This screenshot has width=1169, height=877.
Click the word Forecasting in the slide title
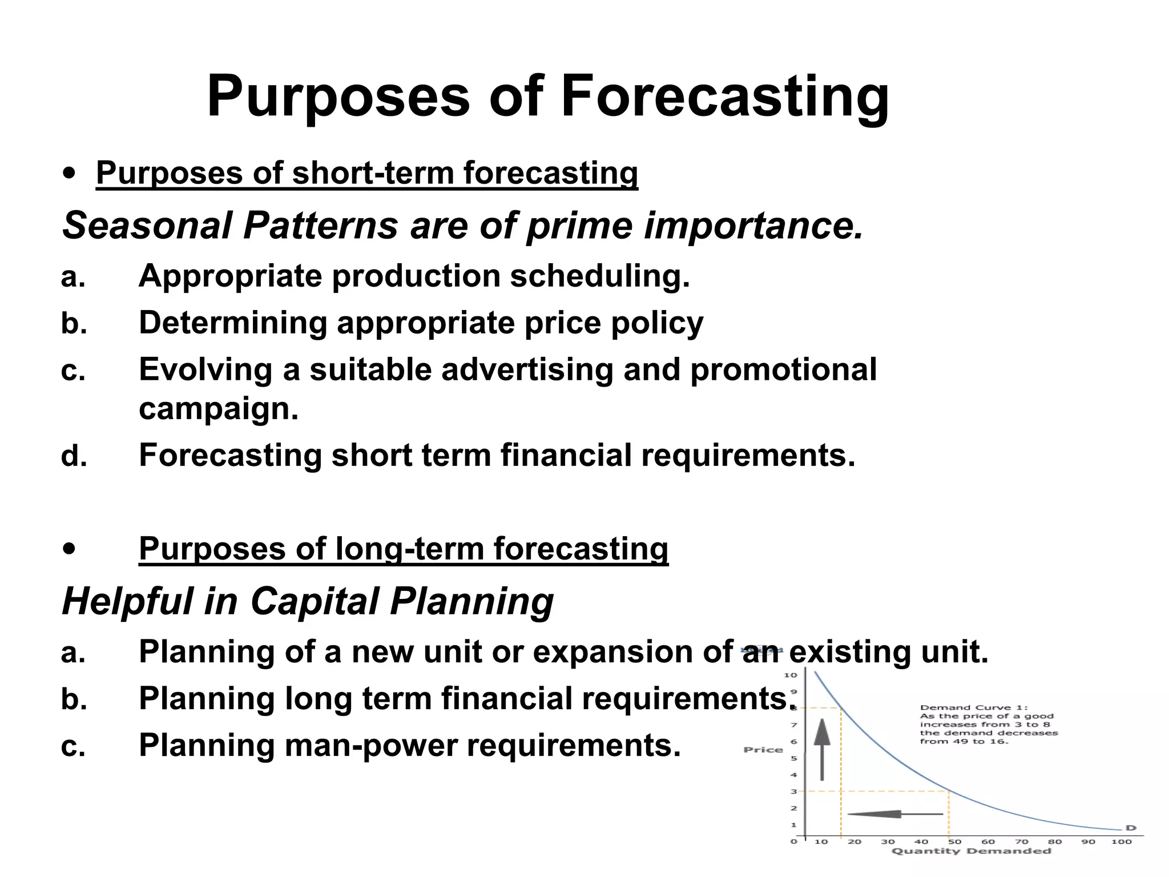coord(724,97)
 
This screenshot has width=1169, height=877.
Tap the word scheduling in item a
coord(599,276)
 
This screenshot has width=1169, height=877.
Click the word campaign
coord(219,409)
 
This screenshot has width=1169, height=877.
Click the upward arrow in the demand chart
coord(821,749)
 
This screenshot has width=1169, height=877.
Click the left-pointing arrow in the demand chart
coord(894,814)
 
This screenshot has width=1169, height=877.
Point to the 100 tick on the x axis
coord(1121,841)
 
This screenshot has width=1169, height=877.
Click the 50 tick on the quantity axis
coord(954,841)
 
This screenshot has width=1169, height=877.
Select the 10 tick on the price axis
coord(790,675)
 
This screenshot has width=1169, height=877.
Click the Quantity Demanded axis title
coord(971,851)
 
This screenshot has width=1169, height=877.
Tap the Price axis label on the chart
coord(763,750)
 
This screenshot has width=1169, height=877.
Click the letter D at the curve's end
coord(1130,828)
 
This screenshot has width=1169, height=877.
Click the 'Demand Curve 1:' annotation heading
coord(973,707)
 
